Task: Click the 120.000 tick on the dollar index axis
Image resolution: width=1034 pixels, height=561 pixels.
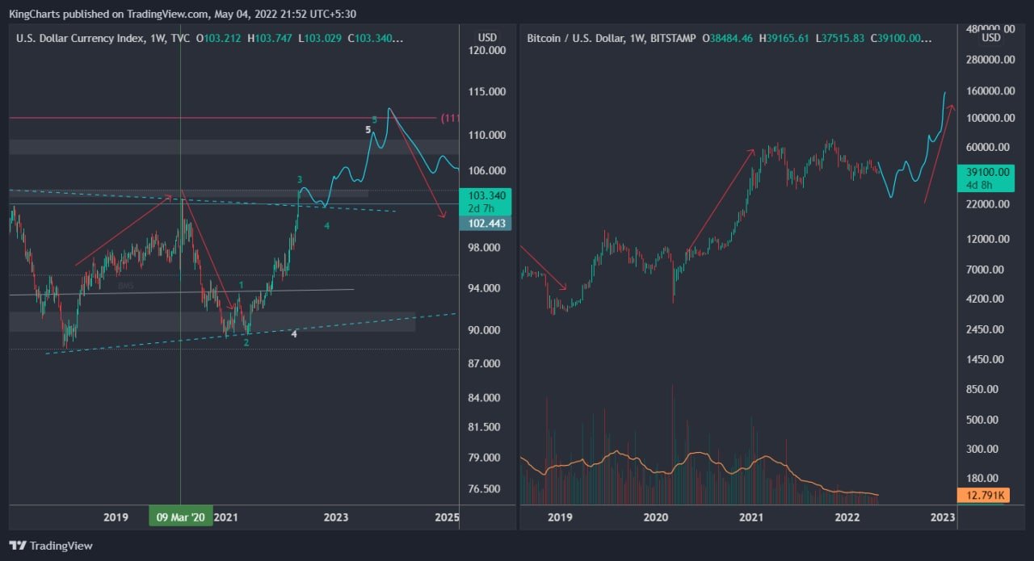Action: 487,50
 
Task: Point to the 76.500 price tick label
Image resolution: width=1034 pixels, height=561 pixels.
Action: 487,489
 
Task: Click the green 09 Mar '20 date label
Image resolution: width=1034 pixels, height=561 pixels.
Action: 180,517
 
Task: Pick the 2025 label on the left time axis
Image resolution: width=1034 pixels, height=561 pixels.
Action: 447,517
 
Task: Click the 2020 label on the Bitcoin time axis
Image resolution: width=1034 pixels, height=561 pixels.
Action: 655,517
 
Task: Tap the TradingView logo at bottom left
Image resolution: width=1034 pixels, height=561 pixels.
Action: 51,546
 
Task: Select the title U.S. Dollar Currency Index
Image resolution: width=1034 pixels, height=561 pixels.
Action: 79,38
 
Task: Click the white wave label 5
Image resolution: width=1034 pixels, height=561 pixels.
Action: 368,129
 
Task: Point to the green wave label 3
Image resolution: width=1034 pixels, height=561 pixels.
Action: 300,179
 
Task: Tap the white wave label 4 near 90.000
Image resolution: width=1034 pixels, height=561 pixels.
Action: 294,333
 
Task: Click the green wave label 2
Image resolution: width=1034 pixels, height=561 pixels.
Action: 246,342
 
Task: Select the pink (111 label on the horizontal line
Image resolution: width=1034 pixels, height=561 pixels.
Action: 449,119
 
